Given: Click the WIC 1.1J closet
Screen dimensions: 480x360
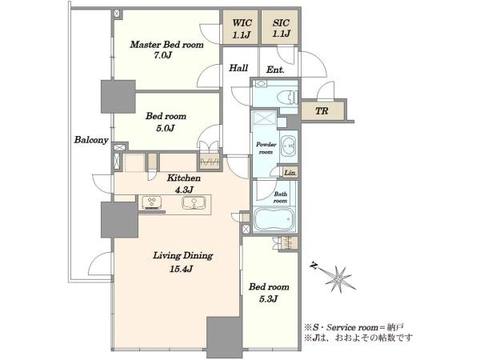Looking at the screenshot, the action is click(240, 27).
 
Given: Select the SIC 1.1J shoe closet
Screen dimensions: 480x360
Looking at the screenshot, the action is click(279, 27).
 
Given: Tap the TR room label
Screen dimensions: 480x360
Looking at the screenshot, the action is click(322, 110).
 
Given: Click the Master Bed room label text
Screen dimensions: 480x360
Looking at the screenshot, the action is click(166, 45).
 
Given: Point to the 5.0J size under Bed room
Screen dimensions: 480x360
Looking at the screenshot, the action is click(166, 128).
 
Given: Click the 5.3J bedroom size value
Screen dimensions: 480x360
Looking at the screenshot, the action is click(269, 298).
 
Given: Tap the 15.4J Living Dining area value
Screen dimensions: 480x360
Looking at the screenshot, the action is click(182, 269).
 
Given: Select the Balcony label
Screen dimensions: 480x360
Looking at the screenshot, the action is click(91, 140).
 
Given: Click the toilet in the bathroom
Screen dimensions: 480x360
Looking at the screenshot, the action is click(287, 98).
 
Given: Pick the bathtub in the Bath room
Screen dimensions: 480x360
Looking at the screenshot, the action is click(274, 219).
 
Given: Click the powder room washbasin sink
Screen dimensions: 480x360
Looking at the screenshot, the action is click(288, 146).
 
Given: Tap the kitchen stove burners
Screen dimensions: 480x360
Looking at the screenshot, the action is click(152, 202).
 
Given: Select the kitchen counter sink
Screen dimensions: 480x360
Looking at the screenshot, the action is click(194, 202).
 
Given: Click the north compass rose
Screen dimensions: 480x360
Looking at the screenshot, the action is click(338, 278).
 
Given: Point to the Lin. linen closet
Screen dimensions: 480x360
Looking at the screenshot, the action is click(290, 173).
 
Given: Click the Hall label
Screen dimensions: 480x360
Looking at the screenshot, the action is click(238, 68).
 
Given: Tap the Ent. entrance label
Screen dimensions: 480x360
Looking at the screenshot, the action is click(275, 70).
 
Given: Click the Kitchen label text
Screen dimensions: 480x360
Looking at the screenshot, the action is click(184, 178).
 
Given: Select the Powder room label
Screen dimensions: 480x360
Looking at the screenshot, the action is click(266, 148).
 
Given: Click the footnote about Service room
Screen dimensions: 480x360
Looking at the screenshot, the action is click(354, 327).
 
